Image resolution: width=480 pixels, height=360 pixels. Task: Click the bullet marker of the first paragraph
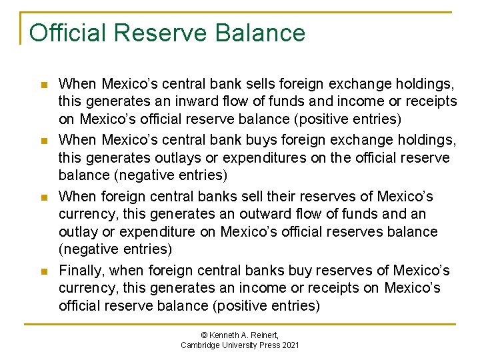coord(44,85)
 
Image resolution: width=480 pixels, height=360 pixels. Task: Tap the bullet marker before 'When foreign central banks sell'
coord(44,197)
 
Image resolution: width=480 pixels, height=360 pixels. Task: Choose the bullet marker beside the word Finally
coord(44,271)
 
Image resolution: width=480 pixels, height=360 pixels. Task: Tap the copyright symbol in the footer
coord(205,334)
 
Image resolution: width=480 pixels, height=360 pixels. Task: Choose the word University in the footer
coord(241,345)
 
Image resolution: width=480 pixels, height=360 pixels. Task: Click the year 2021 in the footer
coord(291,345)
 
